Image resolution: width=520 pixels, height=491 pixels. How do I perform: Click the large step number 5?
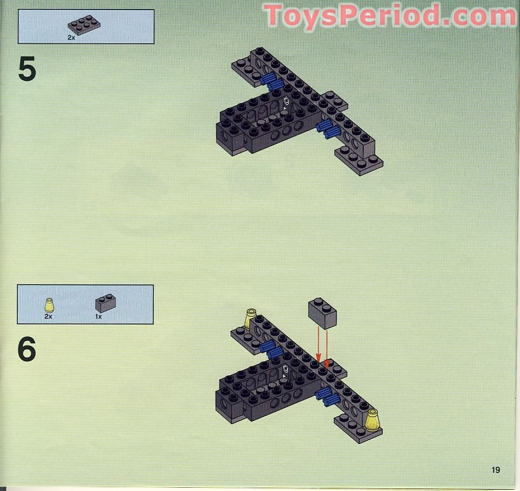coord(27,69)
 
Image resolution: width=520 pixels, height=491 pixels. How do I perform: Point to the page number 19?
coord(495,470)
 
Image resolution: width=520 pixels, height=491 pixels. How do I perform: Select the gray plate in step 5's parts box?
coord(84,25)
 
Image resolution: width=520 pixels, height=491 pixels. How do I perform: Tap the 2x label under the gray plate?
coord(71,38)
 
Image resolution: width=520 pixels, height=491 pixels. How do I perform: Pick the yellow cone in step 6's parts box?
coord(48,303)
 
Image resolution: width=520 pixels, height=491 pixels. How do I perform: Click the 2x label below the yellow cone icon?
coord(48,316)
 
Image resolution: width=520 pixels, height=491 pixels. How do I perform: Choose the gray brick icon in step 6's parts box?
coord(105,303)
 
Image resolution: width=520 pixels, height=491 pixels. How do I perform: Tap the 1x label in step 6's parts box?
coord(99,316)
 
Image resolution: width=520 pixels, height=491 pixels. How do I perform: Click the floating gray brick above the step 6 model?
coord(322,313)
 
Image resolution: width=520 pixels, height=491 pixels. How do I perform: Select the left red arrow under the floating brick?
coord(317,347)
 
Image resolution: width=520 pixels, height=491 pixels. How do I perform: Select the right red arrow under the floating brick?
coord(327,349)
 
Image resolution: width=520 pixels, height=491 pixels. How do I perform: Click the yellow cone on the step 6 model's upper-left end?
coord(250,317)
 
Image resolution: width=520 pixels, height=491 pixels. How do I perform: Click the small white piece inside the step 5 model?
coord(287,101)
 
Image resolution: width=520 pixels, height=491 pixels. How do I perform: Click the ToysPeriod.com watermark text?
coord(390,16)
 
